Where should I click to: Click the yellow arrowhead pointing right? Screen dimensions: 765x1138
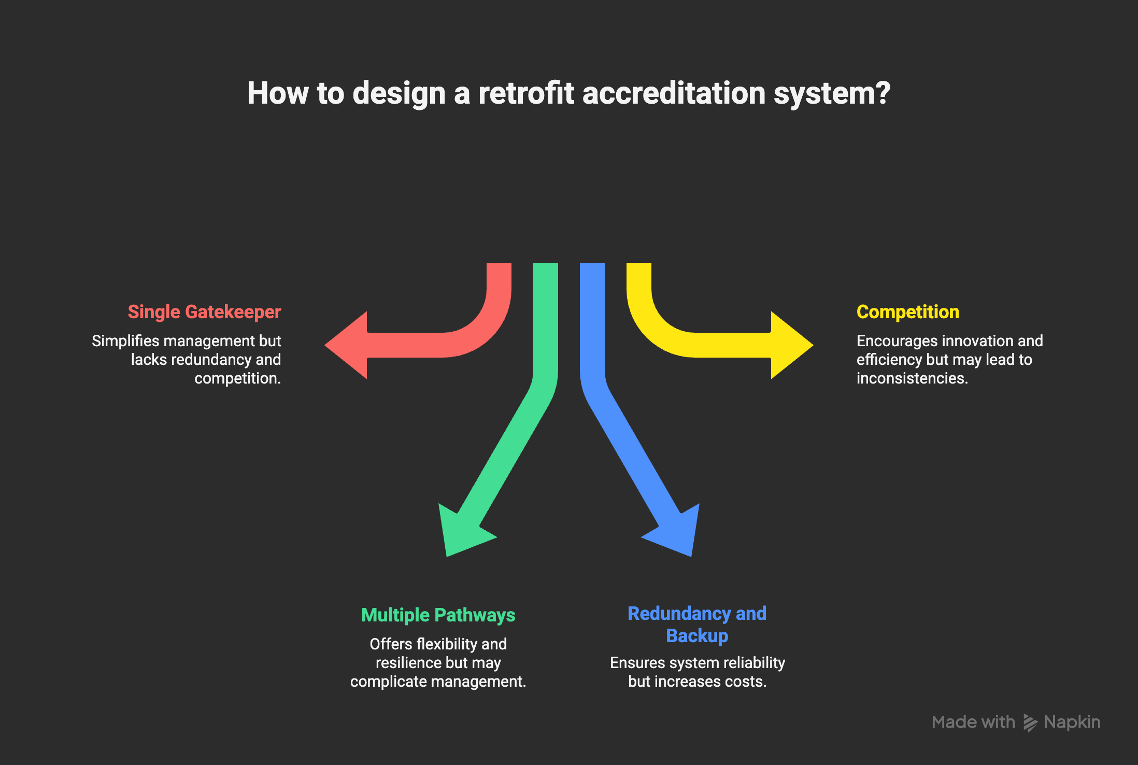pyautogui.click(x=791, y=345)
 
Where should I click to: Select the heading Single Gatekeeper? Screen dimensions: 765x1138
pyautogui.click(x=204, y=312)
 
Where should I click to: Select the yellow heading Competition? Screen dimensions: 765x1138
pyautogui.click(x=907, y=312)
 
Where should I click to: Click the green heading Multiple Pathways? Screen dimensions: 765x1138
pyautogui.click(x=438, y=615)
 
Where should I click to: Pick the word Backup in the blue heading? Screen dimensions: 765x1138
pyautogui.click(x=697, y=636)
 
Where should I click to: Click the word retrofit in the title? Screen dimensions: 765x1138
pyautogui.click(x=526, y=93)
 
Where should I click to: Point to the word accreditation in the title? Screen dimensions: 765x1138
pyautogui.click(x=674, y=93)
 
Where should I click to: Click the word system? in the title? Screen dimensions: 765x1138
pyautogui.click(x=832, y=93)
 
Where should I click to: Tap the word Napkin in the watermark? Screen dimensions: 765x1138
pyautogui.click(x=1072, y=722)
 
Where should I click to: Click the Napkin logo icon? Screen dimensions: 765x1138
pyautogui.click(x=1030, y=722)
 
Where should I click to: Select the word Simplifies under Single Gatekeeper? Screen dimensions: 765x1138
pyautogui.click(x=125, y=341)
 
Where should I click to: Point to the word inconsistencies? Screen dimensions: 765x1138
pyautogui.click(x=912, y=378)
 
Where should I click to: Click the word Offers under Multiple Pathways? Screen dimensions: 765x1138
pyautogui.click(x=391, y=644)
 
